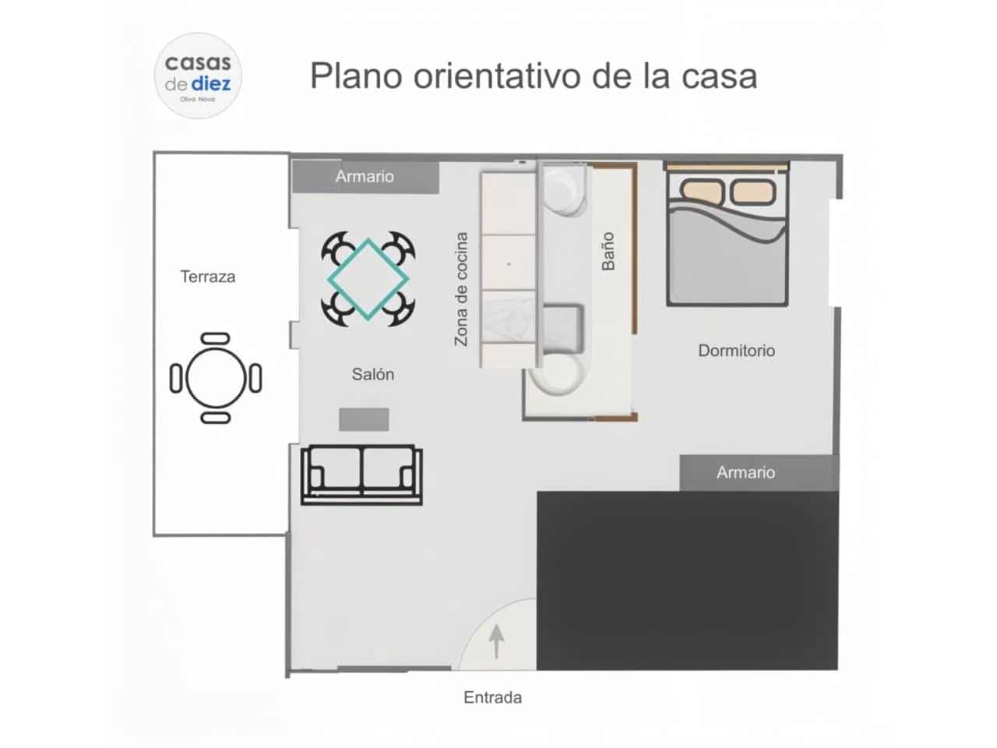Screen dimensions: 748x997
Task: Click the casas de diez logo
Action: [x=198, y=76]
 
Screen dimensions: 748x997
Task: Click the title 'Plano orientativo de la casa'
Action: [x=534, y=76]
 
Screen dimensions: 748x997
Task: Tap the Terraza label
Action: [x=207, y=277]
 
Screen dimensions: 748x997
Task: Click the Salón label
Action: [x=372, y=375]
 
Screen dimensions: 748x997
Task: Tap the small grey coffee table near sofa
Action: [x=364, y=419]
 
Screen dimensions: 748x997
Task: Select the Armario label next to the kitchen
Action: [x=365, y=177]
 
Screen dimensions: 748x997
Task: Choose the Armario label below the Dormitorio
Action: [x=745, y=472]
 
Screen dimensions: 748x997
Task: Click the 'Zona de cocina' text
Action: [x=461, y=289]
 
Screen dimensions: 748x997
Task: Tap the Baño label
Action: [x=608, y=252]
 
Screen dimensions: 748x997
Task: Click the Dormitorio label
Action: [x=736, y=351]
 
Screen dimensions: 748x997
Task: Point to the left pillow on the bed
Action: [x=702, y=190]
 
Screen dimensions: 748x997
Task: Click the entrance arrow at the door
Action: [x=496, y=642]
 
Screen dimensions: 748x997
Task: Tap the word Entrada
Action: [x=492, y=697]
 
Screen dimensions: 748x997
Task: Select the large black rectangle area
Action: [x=687, y=580]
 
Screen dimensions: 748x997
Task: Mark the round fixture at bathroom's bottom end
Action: [x=558, y=372]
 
